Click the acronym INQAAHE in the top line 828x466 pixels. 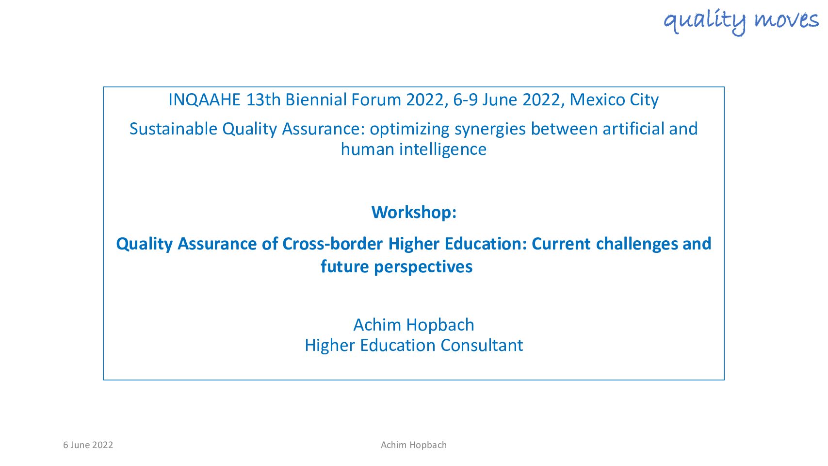point(204,100)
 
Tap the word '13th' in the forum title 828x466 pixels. point(263,100)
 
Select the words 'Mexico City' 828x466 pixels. point(614,100)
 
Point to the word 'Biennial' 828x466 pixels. point(315,100)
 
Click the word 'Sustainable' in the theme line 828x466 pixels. point(173,129)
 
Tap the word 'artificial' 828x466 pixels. point(633,129)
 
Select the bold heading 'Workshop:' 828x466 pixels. point(414,213)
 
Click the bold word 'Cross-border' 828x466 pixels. point(332,244)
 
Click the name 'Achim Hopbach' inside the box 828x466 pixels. point(414,325)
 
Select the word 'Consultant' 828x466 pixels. point(482,346)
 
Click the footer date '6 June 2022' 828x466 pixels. point(88,445)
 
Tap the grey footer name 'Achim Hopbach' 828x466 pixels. point(414,445)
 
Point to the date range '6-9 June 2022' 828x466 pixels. point(506,100)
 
